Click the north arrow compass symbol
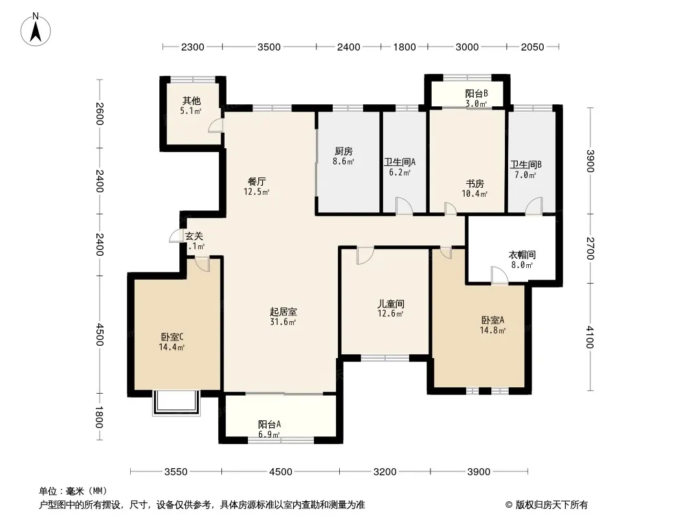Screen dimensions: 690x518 pos(36,29)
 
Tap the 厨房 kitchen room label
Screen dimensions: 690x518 pos(343,152)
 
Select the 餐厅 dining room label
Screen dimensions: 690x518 pos(257,181)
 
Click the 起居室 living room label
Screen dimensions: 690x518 pos(284,311)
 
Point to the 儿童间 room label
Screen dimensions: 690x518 pos(391,304)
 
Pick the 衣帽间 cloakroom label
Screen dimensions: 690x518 pos(522,255)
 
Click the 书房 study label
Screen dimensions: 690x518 pos(475,183)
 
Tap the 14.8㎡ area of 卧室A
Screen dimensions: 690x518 pos(493,330)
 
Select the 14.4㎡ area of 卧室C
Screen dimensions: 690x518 pos(172,347)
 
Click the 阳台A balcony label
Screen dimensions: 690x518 pos(269,424)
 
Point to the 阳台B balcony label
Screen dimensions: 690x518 pos(476,93)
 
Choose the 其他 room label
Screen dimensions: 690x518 pos(192,101)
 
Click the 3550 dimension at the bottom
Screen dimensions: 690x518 pos(176,472)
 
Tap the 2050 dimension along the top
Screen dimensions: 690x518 pos(533,47)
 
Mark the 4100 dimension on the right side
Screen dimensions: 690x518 pos(590,337)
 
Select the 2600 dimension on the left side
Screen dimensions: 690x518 pos(100,113)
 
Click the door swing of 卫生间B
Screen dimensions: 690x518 pos(534,206)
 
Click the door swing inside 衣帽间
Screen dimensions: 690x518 pos(500,275)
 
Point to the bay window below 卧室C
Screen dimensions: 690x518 pos(177,403)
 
